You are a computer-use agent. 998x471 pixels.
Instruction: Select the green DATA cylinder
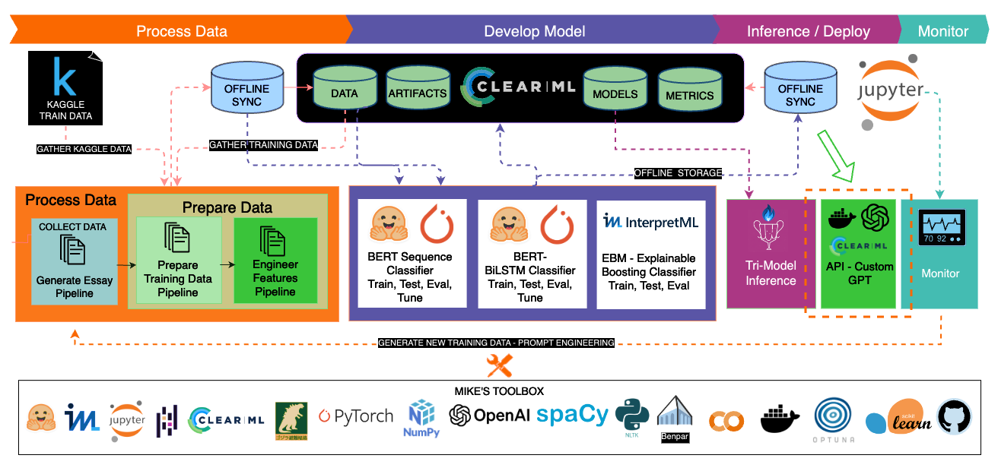coord(345,89)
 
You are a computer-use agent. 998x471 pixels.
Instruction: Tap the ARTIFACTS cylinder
coord(418,89)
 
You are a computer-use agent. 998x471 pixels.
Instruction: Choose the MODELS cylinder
coord(615,89)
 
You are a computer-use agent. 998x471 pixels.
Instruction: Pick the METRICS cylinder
coord(689,90)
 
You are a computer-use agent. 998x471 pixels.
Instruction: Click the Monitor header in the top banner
coord(943,31)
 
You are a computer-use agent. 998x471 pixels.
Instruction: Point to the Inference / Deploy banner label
coord(809,31)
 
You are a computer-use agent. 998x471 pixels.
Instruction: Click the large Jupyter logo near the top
coord(890,91)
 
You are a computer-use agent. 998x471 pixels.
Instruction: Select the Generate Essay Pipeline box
coord(75,261)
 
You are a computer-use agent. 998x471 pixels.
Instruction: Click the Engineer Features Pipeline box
coord(275,261)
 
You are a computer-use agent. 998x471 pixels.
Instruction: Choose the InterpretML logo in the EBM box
coord(650,222)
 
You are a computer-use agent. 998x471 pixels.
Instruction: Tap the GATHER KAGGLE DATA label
coord(84,149)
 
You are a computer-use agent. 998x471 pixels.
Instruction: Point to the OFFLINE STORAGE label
coord(678,173)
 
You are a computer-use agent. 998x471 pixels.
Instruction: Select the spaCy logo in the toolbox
coord(572,415)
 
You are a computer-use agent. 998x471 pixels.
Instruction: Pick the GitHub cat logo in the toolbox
coord(955,417)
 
